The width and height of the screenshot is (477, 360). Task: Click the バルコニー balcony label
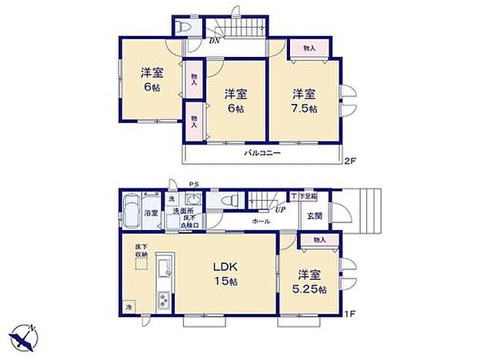262,153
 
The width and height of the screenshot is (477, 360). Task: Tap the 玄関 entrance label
315,215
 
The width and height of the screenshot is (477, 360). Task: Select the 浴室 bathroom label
151,212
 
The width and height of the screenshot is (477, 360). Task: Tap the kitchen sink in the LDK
164,269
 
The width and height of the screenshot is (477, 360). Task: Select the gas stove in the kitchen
163,300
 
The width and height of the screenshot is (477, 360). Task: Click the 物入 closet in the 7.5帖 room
309,48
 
